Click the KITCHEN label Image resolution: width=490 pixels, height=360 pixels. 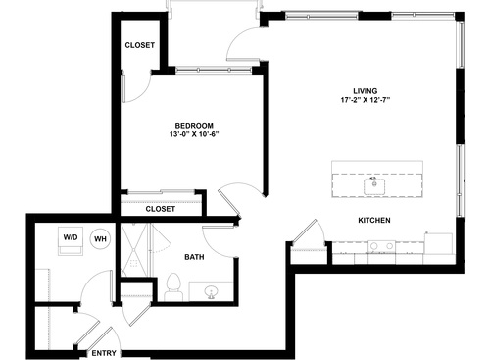[x=374, y=221]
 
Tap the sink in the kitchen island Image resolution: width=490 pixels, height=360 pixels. [x=374, y=183]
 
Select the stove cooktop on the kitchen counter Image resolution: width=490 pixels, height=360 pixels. [x=383, y=245]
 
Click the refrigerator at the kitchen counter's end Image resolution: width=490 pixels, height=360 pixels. [x=439, y=242]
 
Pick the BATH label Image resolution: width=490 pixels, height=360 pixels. [x=194, y=258]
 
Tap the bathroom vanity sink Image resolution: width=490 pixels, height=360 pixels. [x=212, y=290]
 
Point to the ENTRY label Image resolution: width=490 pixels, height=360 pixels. [x=104, y=352]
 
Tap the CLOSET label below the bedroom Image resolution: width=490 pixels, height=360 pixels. [x=160, y=209]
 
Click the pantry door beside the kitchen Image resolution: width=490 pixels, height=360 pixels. [x=310, y=235]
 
